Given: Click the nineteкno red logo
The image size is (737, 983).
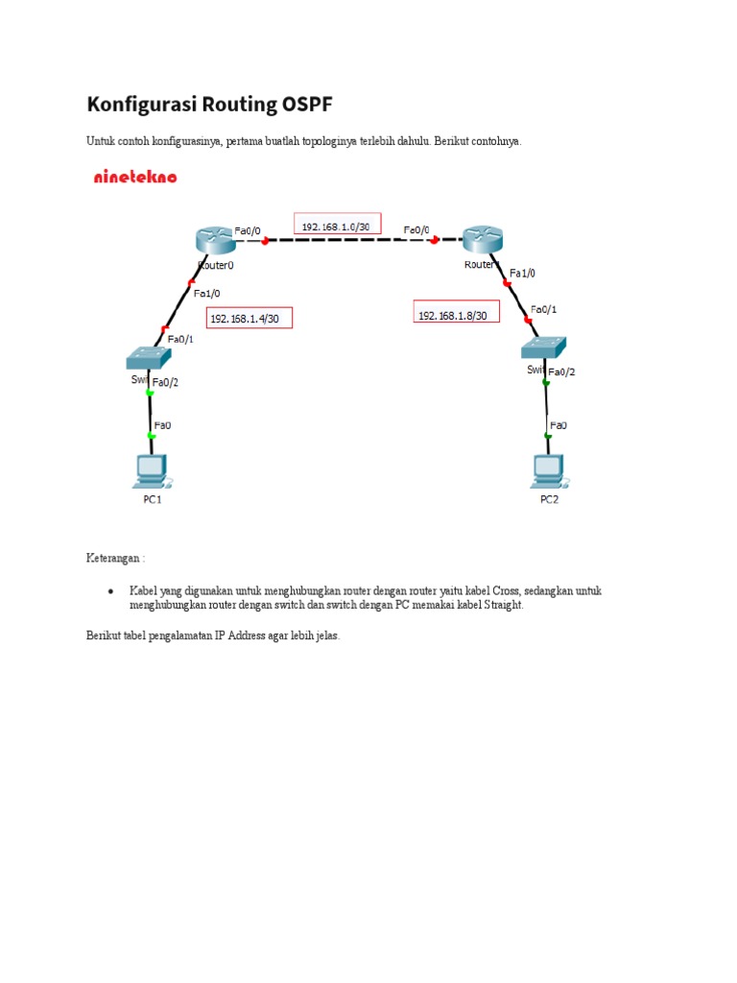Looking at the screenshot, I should click(135, 177).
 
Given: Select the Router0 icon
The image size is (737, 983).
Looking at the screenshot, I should click(212, 240).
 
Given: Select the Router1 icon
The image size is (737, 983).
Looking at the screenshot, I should click(482, 240).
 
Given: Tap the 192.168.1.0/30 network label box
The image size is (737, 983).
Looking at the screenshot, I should click(338, 225).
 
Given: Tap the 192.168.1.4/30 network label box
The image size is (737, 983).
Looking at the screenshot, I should click(249, 318).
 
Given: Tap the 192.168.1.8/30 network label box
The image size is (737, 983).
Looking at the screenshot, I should click(456, 313).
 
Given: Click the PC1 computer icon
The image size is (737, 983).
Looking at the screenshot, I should click(150, 470).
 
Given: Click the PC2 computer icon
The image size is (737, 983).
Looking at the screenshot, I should click(548, 470).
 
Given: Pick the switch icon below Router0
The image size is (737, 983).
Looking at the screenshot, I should click(149, 357).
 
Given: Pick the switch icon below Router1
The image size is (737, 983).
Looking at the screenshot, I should click(544, 349).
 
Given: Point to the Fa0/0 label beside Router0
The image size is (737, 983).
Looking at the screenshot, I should click(248, 230).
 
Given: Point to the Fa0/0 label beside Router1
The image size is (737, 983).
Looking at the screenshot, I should click(416, 230).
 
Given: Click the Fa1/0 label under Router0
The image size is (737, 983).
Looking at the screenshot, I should click(206, 293).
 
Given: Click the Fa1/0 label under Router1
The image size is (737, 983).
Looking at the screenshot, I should click(523, 273).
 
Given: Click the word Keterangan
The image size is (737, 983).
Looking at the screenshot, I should click(113, 558).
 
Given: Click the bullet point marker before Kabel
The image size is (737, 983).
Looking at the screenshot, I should click(111, 591).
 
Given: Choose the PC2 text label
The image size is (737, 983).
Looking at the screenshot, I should click(548, 499).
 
